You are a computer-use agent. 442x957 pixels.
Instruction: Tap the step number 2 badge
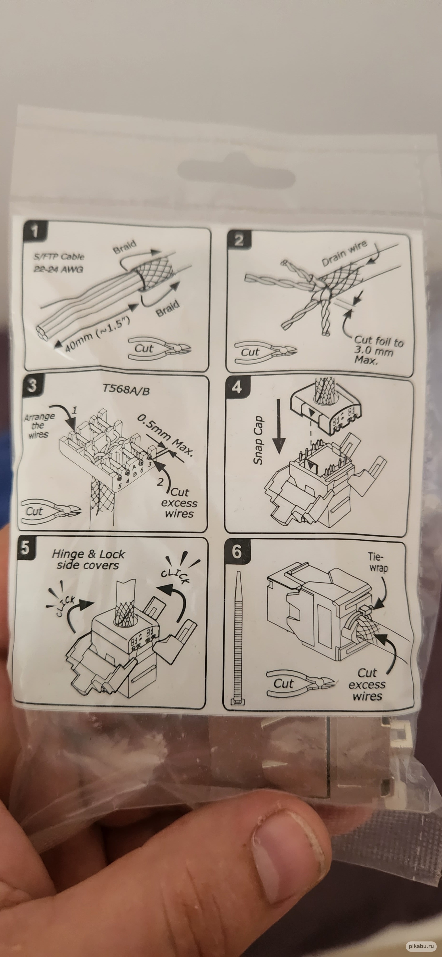(239, 240)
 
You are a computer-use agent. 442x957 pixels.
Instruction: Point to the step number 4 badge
(237, 388)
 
